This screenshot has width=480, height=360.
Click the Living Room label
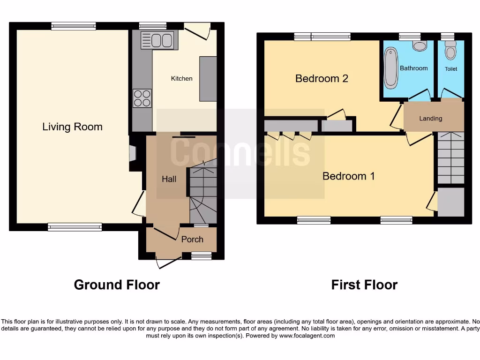[72, 127]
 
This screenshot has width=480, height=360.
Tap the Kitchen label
[181, 78]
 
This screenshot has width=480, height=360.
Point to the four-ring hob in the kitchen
[142, 98]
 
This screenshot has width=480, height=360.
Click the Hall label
[169, 179]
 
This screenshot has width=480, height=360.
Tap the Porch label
[192, 239]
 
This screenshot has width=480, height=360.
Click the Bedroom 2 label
[322, 78]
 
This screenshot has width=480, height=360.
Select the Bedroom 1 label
[349, 176]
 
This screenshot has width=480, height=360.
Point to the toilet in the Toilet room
[450, 50]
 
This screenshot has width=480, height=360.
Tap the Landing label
[430, 118]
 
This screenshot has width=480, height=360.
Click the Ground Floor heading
[117, 285]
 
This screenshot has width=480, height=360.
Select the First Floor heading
[364, 285]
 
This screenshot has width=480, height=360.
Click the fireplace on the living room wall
[132, 153]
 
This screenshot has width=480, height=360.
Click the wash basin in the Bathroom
[420, 45]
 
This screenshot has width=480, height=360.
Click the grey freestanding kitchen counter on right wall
[208, 79]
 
